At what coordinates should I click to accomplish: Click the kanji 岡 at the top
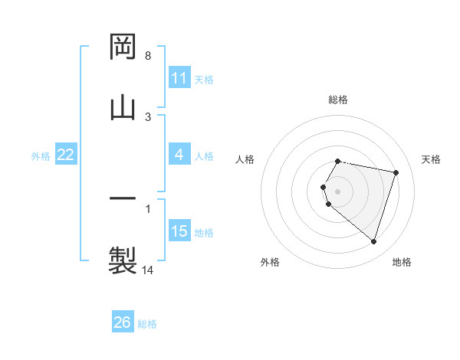(123, 47)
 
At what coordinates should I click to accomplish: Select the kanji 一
(123, 200)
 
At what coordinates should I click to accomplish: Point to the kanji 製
(123, 260)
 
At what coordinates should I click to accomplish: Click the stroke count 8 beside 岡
(148, 56)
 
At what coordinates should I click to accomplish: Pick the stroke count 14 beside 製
(148, 270)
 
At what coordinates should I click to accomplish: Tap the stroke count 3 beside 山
(148, 116)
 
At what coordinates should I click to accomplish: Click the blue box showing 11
(179, 78)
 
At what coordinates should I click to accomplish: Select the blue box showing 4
(179, 155)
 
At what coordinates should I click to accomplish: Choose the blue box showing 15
(179, 231)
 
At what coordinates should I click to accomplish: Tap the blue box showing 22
(66, 155)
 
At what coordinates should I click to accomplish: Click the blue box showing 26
(123, 322)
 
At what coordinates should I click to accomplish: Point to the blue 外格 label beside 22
(41, 156)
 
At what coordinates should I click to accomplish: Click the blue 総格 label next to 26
(147, 324)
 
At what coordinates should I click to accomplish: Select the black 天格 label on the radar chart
(432, 159)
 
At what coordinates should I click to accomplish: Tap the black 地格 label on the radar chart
(402, 262)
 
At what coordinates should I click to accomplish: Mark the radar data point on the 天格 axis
(396, 172)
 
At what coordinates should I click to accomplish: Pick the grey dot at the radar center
(338, 191)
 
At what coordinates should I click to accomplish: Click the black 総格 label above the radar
(338, 100)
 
